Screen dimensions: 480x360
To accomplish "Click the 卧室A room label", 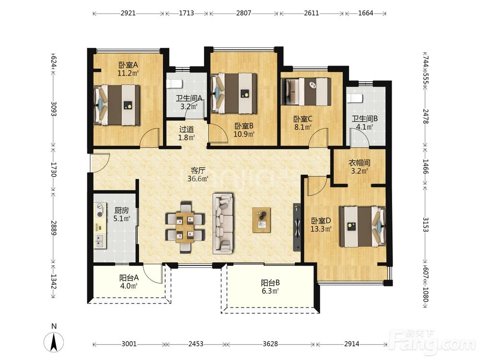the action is [x=128, y=65].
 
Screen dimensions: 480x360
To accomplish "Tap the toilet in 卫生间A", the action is [x=174, y=84].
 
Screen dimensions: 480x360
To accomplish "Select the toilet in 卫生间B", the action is [x=355, y=98].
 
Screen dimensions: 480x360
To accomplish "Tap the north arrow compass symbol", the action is [x=54, y=342].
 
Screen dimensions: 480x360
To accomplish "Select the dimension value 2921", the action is [x=128, y=13].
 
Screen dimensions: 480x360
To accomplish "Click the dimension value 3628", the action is [x=270, y=344].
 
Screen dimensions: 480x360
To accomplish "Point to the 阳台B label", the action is [x=270, y=283].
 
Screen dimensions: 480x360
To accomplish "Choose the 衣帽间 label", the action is [x=360, y=163].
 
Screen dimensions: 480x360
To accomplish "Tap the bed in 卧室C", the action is [x=306, y=92].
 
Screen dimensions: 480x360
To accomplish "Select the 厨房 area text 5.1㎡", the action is [x=122, y=218].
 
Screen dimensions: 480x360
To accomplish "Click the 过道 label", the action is [x=186, y=130].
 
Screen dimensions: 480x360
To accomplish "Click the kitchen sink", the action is [x=100, y=241].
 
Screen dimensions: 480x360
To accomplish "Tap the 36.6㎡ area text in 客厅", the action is [x=198, y=179].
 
